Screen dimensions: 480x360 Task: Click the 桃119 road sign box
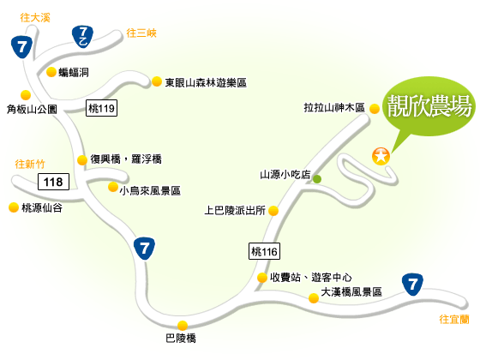[101, 108]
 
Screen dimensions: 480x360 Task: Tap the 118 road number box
[53, 182]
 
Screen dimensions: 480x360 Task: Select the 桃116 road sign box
[264, 251]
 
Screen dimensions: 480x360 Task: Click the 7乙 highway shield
[82, 37]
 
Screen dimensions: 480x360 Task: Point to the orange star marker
[381, 156]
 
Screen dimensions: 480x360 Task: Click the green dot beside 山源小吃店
[317, 179]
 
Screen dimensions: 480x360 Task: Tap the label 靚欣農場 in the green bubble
[429, 106]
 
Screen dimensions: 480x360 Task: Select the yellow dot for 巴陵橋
[183, 326]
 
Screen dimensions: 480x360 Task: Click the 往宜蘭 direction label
[454, 320]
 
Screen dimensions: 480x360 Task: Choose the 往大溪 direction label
[35, 18]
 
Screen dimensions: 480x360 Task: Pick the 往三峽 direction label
[141, 33]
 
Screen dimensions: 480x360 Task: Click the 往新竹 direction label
[30, 164]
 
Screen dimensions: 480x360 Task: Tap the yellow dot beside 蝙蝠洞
[51, 72]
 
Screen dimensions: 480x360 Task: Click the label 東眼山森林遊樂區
[206, 82]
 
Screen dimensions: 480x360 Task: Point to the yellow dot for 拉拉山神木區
[375, 109]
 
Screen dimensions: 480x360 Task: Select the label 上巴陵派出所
[235, 210]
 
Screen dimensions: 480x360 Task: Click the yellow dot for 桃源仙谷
[14, 207]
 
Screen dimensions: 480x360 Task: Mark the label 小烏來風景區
[150, 190]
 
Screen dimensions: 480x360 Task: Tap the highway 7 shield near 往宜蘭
[412, 285]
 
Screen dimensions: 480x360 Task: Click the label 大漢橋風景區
[351, 291]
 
